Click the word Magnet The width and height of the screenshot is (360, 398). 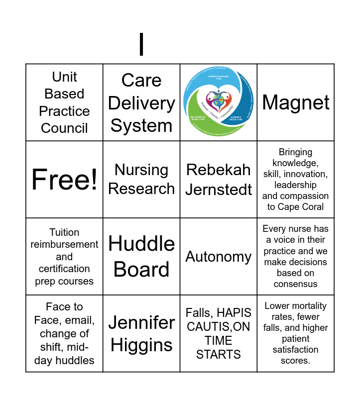pos(296,102)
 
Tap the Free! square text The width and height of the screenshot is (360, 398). pos(64,179)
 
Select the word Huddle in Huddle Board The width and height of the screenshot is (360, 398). pos(141,244)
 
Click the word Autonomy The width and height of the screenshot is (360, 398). pos(219,257)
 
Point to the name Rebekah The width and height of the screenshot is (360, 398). pos(219,170)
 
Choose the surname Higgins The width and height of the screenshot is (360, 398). pos(141,345)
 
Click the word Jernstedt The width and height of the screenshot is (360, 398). pos(219,190)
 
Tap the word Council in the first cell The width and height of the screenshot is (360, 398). pos(64,128)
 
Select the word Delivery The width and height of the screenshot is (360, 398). pos(141,103)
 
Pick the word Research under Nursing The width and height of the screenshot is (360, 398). pos(141,189)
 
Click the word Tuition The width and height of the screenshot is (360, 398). pos(64,232)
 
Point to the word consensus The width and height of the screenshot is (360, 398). pos(295,284)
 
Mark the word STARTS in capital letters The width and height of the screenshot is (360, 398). pos(219,354)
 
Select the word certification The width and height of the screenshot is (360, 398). pos(64,269)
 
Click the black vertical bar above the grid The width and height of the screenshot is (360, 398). pos(141,44)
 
